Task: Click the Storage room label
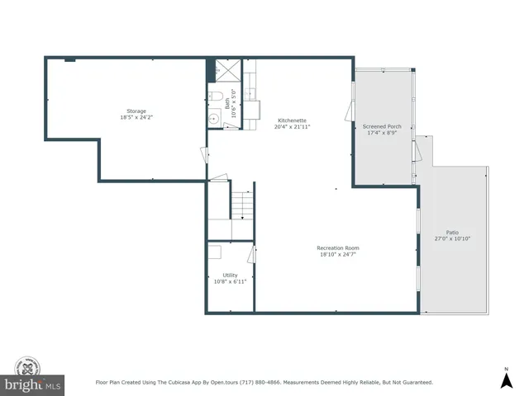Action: [136, 111]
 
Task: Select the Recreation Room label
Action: [338, 247]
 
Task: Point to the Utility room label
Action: [230, 275]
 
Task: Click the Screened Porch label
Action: [382, 126]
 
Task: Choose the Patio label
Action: [452, 233]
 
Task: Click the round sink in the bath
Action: [213, 120]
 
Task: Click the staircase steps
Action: [240, 203]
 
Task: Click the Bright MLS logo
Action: [32, 385]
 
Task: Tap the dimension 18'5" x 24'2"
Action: [136, 117]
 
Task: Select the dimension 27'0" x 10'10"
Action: [452, 239]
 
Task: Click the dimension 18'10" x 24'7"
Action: [338, 254]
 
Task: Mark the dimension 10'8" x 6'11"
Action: [230, 281]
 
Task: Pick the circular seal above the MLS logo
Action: [29, 366]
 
